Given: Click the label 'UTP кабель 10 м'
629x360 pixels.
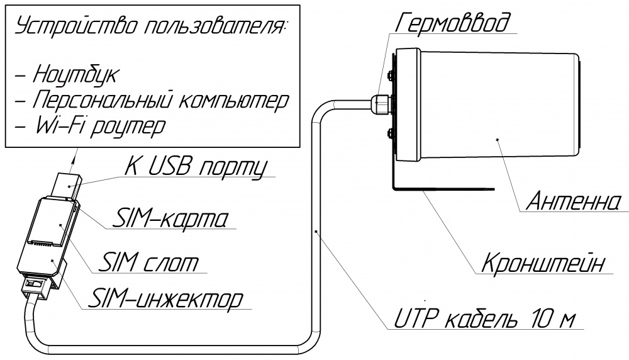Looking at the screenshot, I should click(x=484, y=320).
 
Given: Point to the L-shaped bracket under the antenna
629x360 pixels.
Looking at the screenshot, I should click(x=440, y=187).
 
